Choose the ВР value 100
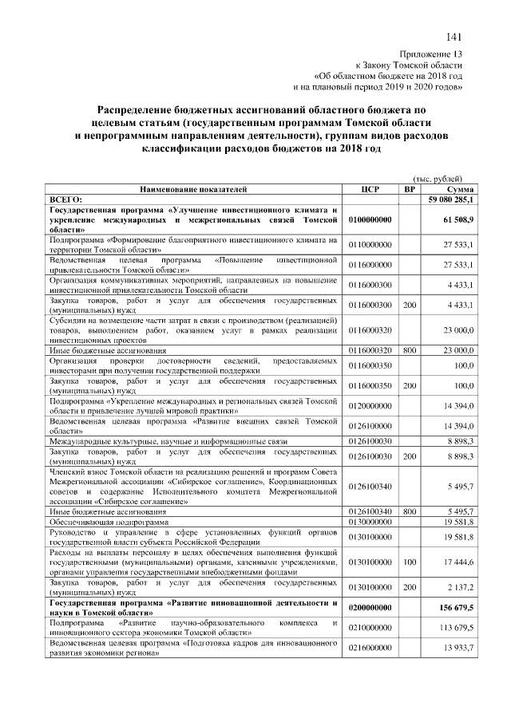[x=410, y=562]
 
